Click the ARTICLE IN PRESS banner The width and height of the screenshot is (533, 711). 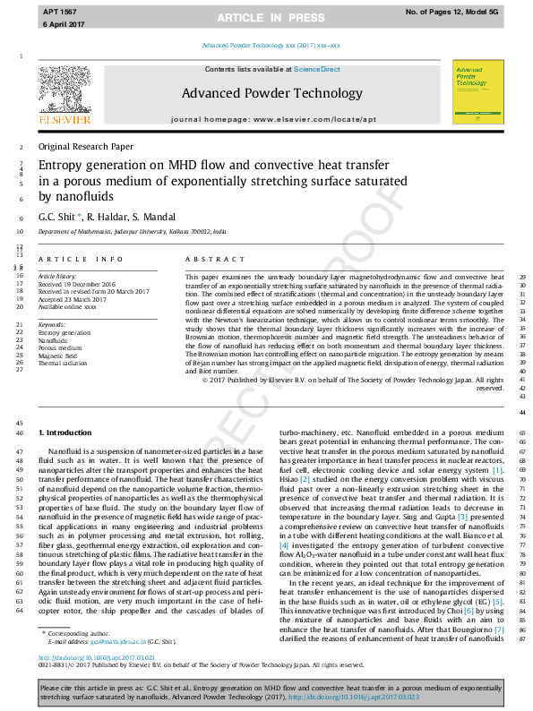[266, 18]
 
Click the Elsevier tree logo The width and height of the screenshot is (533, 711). [63, 90]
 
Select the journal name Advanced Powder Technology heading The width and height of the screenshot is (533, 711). [260, 93]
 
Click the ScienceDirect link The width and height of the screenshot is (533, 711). [317, 69]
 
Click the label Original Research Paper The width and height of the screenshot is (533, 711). [85, 146]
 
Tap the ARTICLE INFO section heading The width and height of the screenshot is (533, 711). [82, 260]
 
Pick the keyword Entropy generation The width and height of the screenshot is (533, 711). [64, 332]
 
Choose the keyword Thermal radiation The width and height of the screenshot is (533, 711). [63, 364]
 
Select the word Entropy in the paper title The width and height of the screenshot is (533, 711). [64, 166]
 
